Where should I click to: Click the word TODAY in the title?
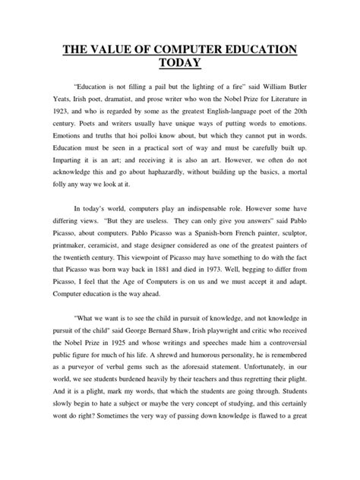point(179,68)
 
